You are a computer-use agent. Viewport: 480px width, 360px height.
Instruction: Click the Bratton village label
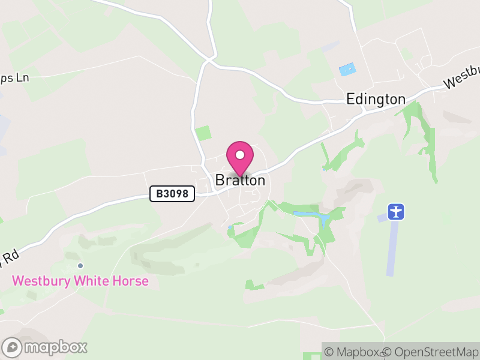tap(240, 180)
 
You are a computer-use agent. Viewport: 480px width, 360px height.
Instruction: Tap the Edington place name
tap(376, 99)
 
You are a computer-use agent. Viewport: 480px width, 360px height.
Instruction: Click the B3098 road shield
tap(172, 193)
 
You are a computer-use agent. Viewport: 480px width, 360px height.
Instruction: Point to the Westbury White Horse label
tap(80, 281)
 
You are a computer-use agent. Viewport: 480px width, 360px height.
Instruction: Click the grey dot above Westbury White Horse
tap(80, 266)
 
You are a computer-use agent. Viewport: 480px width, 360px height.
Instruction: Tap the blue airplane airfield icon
tap(396, 211)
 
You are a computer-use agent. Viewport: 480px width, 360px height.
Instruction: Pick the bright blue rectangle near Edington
tap(347, 69)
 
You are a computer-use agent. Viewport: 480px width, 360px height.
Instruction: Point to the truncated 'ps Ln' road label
tap(14, 77)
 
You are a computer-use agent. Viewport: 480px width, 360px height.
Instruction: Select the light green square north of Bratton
tap(203, 133)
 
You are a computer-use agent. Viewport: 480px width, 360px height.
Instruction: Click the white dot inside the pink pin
tap(240, 155)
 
